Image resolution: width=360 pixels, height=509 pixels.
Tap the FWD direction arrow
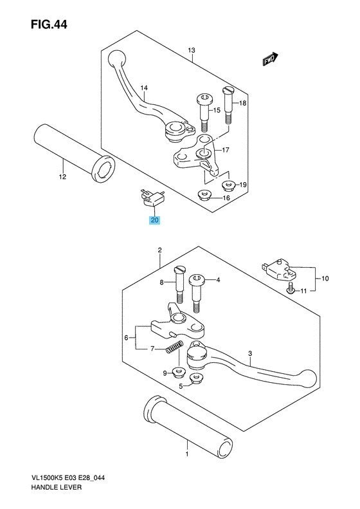coord(269,59)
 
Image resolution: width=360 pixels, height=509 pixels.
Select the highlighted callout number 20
coord(154,220)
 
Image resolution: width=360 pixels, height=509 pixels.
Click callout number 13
coord(191,50)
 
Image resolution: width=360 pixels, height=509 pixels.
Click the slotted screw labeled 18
coord(228,101)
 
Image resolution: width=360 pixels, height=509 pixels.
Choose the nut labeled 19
coord(228,186)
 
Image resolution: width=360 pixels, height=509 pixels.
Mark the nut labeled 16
coord(204,195)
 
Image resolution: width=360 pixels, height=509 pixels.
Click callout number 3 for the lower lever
coord(250,353)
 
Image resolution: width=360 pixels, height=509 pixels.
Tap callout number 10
coord(325,279)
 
